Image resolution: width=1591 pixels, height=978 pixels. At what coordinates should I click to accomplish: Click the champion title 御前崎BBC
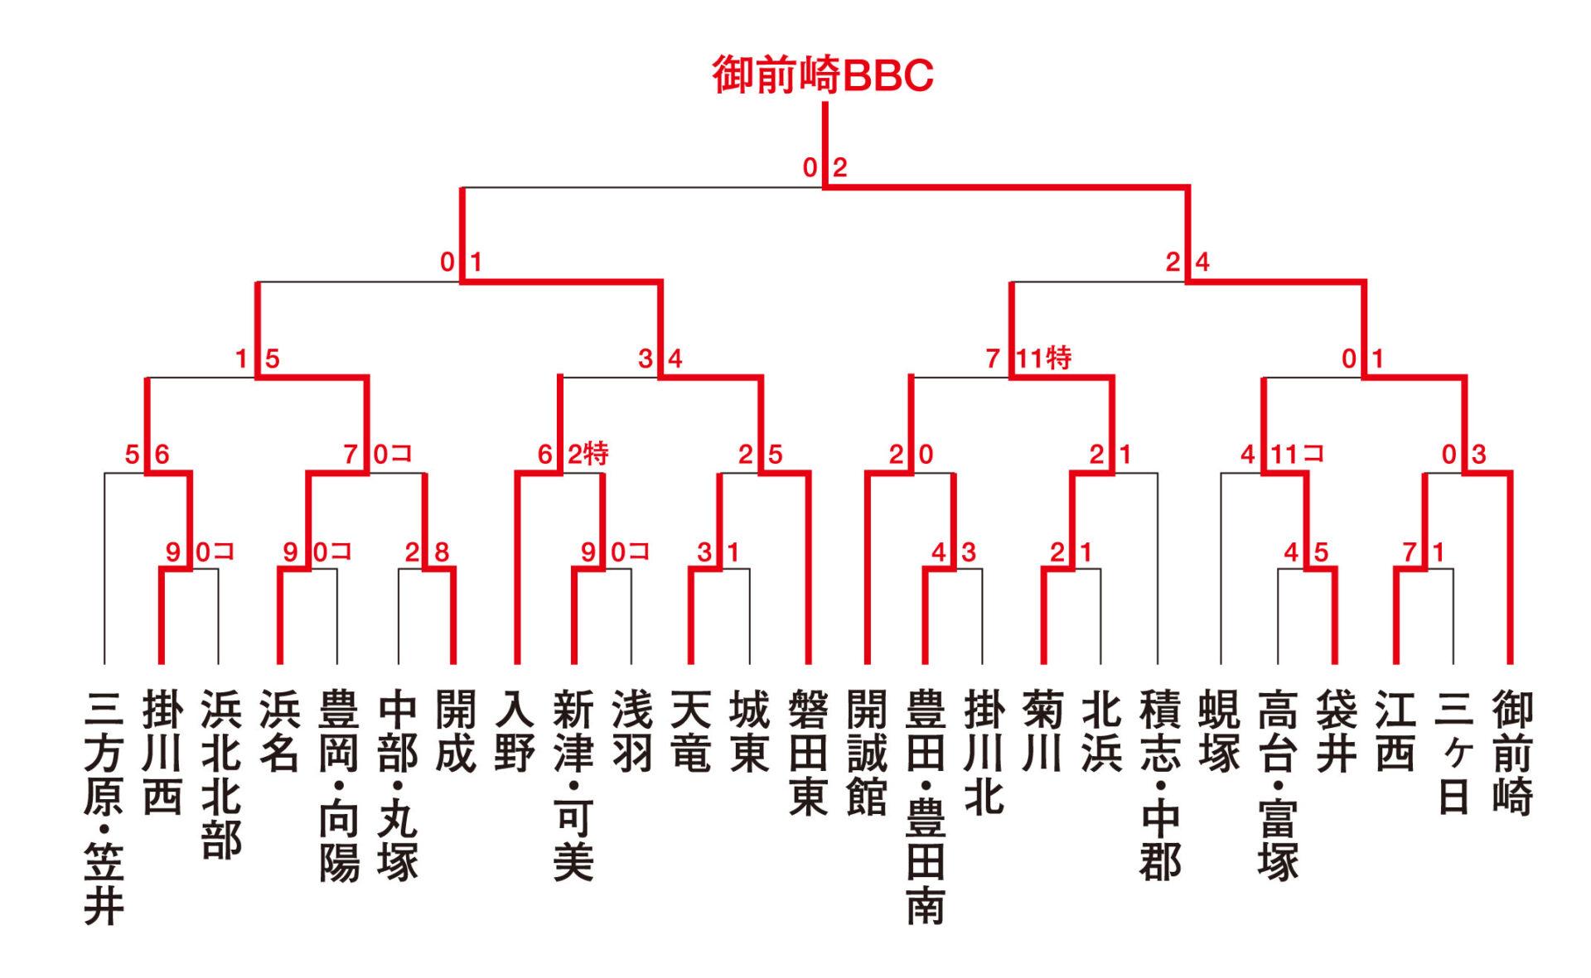click(x=823, y=76)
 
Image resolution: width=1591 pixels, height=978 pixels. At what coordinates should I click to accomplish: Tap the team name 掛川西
click(x=162, y=753)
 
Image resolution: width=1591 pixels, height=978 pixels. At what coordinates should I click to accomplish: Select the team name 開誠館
click(x=867, y=753)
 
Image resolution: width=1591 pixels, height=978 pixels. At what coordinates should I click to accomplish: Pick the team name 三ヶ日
click(x=1453, y=753)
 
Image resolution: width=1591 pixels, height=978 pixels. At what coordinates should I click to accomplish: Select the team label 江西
click(x=1395, y=731)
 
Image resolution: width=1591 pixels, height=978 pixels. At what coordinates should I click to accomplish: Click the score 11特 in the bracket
click(x=1044, y=359)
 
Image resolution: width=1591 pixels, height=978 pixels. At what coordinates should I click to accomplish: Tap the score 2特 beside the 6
click(x=588, y=454)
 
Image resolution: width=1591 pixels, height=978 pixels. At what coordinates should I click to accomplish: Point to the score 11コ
click(x=1298, y=454)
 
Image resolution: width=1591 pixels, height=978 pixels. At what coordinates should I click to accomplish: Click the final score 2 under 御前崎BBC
click(x=839, y=168)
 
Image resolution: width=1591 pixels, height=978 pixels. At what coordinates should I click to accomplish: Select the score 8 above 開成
click(x=442, y=552)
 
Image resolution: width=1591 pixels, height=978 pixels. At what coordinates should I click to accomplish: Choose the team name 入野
click(x=515, y=731)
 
